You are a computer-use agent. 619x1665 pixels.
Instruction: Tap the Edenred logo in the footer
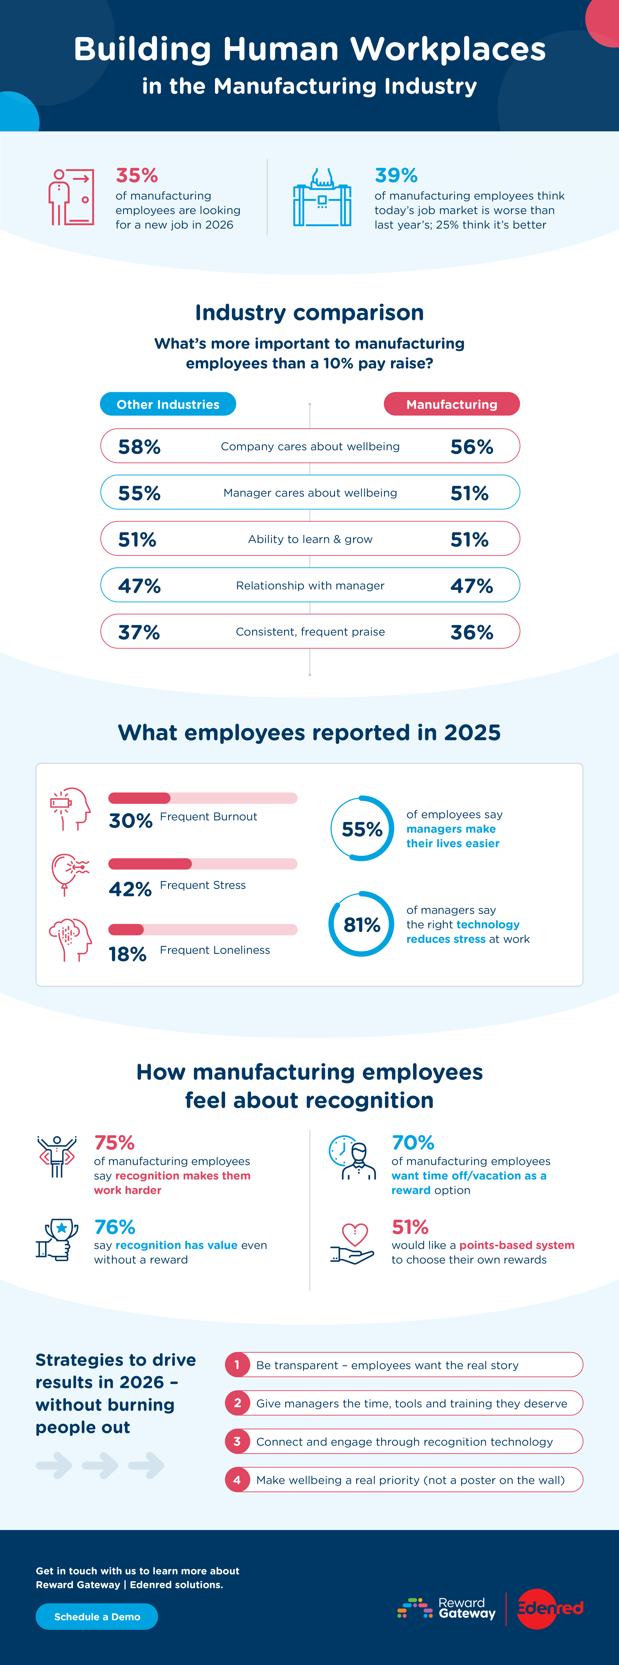click(550, 1608)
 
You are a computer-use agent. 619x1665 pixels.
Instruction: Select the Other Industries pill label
click(168, 404)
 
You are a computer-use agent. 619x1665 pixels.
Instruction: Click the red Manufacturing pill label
click(451, 404)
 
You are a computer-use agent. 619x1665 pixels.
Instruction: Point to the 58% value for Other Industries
click(139, 447)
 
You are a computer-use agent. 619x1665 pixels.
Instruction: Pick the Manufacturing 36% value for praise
click(472, 632)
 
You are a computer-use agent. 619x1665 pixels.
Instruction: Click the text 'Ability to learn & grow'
click(310, 539)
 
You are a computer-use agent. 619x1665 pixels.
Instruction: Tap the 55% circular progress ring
click(362, 828)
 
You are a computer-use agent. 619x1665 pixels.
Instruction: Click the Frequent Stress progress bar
click(202, 863)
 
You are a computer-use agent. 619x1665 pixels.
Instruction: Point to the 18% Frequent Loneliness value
click(127, 954)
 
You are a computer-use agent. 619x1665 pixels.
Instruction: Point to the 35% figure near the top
click(136, 175)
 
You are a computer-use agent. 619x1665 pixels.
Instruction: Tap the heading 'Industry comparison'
click(309, 312)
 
